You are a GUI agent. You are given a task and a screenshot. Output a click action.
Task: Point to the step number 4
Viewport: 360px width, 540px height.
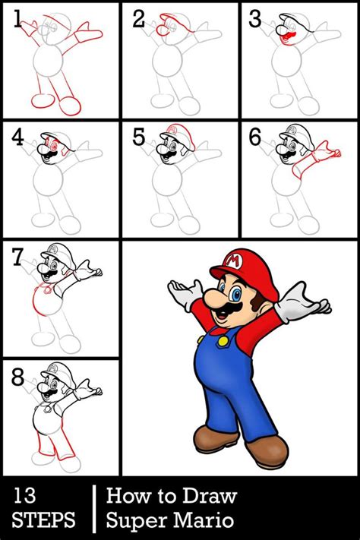17,137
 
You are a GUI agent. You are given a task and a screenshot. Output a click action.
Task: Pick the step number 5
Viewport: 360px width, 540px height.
137,137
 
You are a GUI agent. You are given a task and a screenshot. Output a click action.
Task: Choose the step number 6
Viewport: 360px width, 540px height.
256,137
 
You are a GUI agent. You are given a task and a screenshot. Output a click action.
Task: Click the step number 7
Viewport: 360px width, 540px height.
17,257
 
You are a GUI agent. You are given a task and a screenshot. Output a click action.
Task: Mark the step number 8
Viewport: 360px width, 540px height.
17,376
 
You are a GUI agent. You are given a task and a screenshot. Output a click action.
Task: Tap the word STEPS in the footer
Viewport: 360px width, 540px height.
43,520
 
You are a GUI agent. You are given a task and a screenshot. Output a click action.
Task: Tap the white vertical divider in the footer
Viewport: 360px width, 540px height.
93,507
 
